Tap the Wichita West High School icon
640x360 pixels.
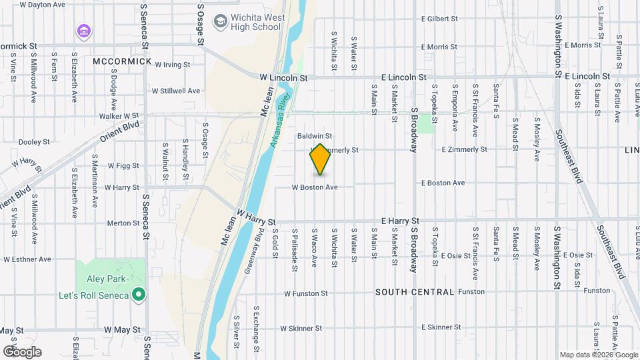[220, 22]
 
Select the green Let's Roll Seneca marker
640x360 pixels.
[139, 294]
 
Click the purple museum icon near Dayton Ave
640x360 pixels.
[83, 31]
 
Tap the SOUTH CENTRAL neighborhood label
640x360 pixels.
[415, 292]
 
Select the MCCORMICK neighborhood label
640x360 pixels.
[123, 61]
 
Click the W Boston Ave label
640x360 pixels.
[315, 187]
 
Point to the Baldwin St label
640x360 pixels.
[315, 135]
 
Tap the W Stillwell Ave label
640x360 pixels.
[176, 91]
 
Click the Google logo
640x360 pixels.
[22, 352]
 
